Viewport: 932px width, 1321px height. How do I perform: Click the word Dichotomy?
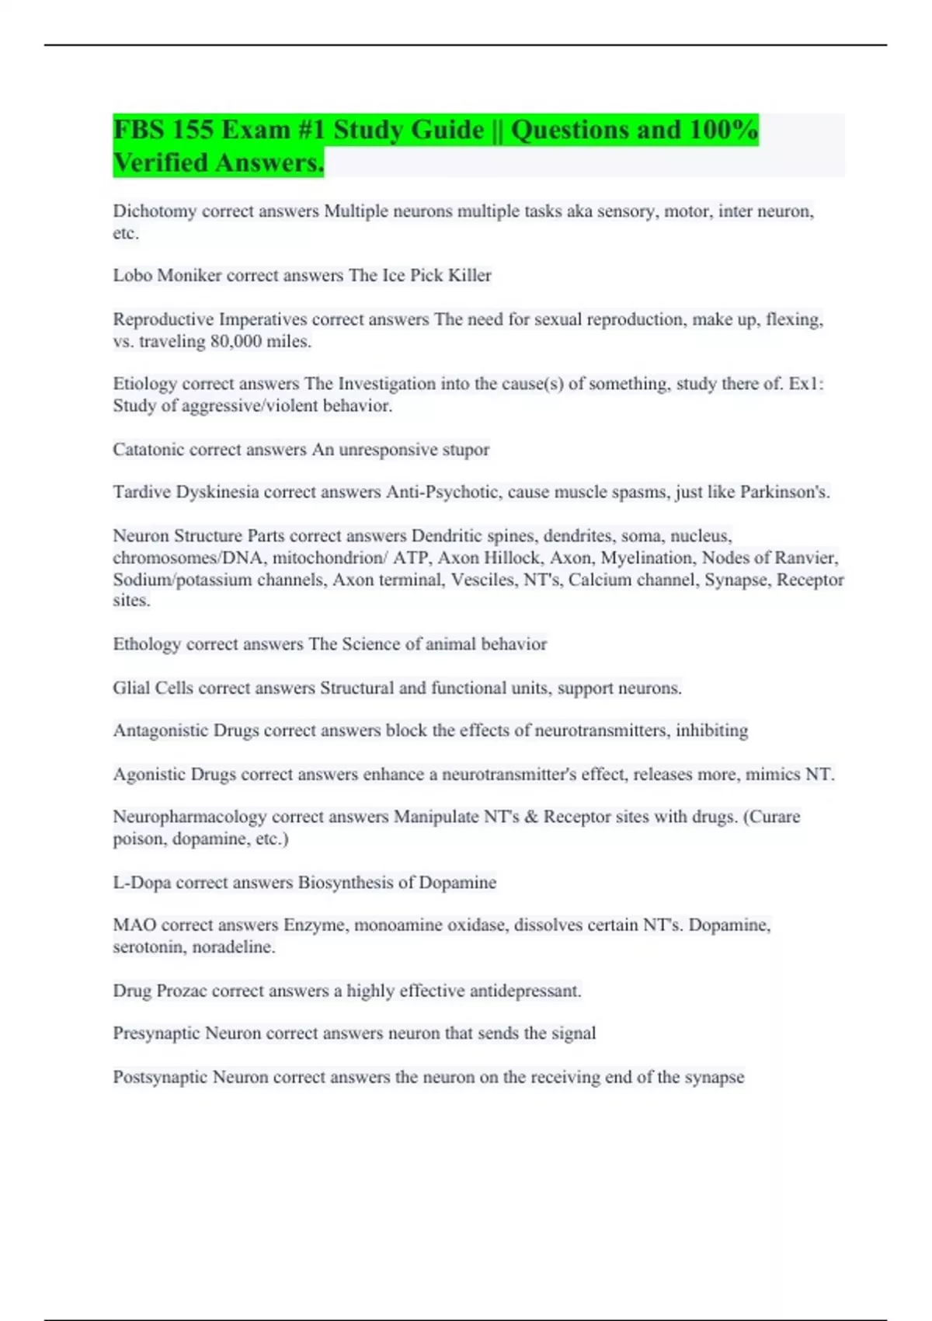coord(155,211)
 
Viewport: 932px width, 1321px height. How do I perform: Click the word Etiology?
coord(144,384)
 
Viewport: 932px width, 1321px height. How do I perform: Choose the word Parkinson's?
coord(784,492)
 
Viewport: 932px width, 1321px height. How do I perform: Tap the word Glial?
coord(131,688)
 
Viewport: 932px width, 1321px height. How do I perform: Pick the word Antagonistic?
coord(161,730)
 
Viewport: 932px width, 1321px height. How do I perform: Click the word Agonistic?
coord(149,775)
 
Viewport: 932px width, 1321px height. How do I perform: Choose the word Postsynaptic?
coord(160,1077)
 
